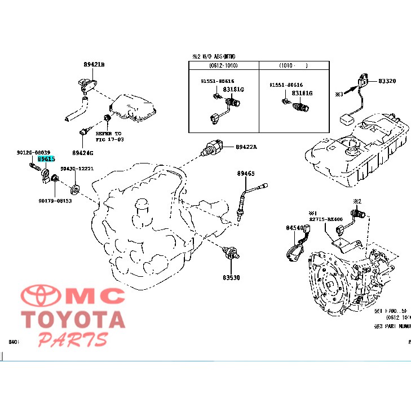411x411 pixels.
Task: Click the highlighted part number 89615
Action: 46,160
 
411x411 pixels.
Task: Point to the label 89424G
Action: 83,153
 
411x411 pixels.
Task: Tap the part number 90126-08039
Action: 33,152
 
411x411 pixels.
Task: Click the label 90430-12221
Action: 77,169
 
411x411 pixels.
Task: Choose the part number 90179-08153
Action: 55,201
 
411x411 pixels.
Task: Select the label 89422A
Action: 246,147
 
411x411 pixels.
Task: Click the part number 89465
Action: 245,173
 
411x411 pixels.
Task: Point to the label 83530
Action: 231,277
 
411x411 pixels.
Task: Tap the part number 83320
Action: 387,81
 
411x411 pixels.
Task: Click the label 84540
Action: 294,228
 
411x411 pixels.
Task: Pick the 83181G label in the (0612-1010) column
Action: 233,89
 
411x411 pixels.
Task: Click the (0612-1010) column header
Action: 222,66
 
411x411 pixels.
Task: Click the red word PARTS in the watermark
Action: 73,339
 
